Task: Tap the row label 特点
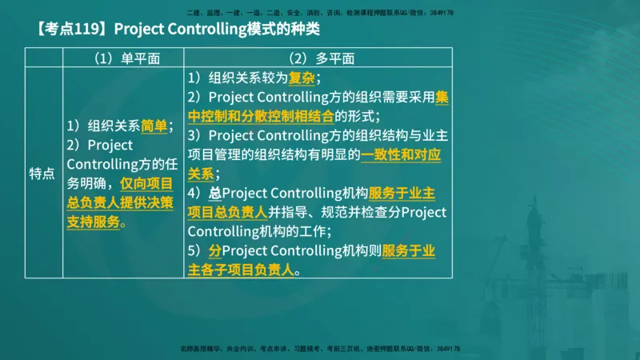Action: (x=42, y=174)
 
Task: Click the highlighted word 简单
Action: (x=155, y=126)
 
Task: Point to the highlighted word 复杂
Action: (x=302, y=78)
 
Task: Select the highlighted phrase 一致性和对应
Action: (x=401, y=155)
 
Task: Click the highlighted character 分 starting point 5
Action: (x=214, y=251)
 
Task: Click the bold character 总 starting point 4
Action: (x=214, y=194)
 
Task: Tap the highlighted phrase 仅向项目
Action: (x=146, y=183)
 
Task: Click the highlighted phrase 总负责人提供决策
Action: (x=120, y=202)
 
